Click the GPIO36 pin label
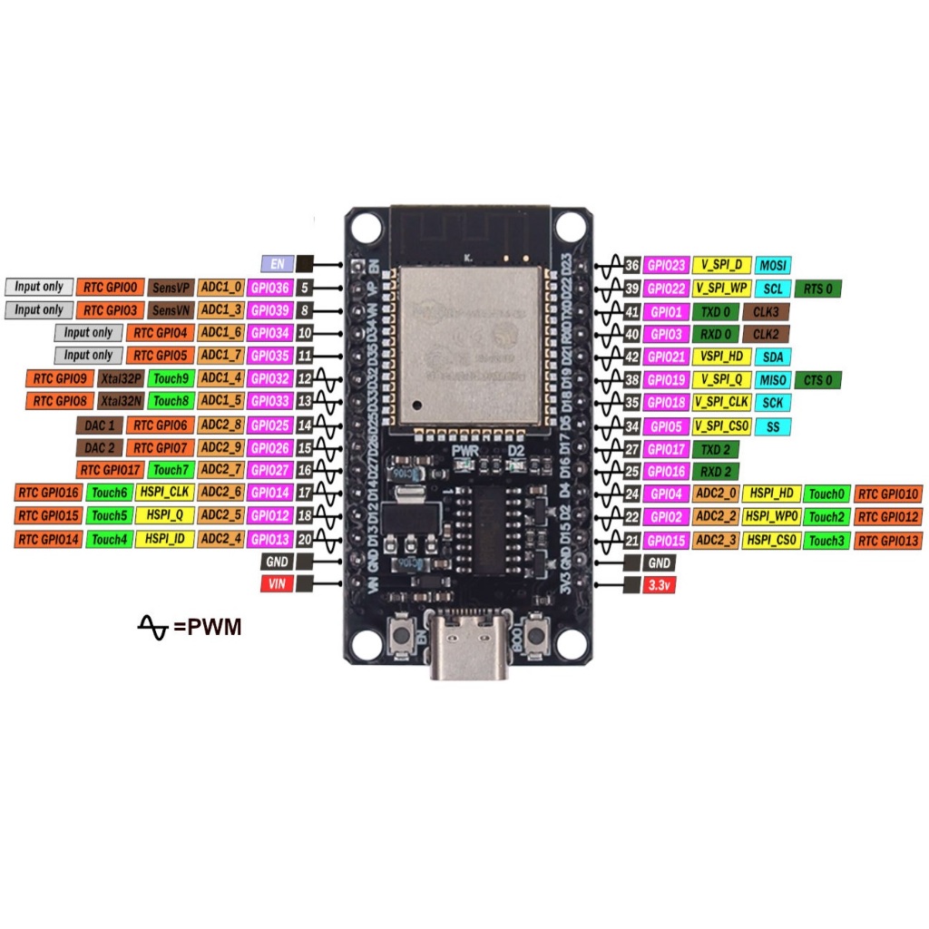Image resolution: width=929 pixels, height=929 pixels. pos(269,288)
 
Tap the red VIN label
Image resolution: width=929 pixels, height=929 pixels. pos(277,585)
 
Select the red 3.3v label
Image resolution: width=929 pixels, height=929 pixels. pos(657,586)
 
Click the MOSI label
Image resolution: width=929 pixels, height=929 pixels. pos(772,265)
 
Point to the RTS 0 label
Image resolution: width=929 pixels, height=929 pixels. pos(817,288)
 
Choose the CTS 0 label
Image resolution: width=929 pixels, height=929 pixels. pos(817,380)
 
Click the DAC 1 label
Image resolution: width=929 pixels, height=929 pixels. pos(99,425)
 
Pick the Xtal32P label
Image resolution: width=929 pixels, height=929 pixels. pos(121,377)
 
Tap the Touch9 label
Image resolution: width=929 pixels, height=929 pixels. pos(170,377)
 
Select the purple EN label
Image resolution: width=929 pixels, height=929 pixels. pos(277,264)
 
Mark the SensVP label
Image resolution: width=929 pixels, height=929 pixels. pos(171,288)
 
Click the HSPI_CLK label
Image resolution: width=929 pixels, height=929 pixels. pos(163,493)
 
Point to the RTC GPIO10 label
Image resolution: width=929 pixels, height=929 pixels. pos(888,494)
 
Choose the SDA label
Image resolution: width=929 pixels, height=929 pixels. pos(772,357)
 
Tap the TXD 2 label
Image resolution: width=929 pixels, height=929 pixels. pos(715,449)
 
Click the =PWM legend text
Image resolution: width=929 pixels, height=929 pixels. pos(208,626)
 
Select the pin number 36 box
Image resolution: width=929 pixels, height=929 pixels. pos(631,265)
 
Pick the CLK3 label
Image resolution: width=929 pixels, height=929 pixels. pos(766,311)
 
